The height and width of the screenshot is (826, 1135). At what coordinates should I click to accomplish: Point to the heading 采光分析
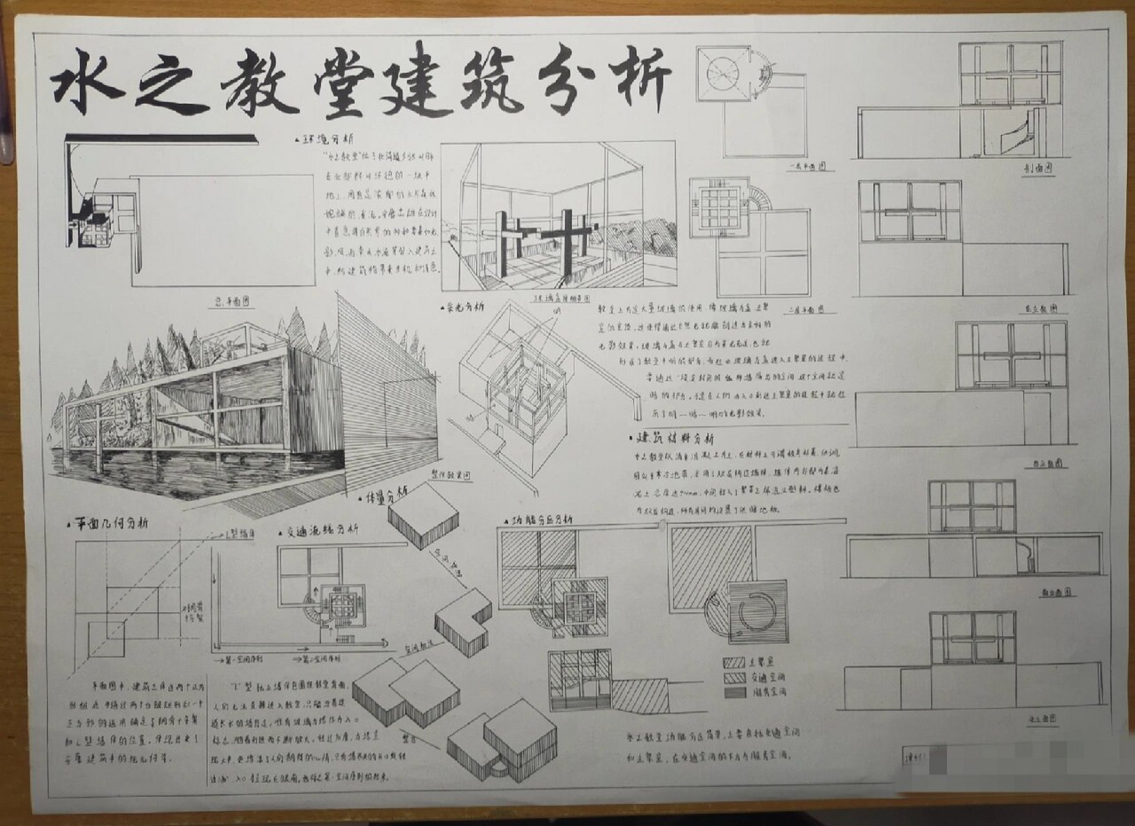click(464, 307)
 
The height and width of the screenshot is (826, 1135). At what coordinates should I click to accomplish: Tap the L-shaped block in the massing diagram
click(462, 622)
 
